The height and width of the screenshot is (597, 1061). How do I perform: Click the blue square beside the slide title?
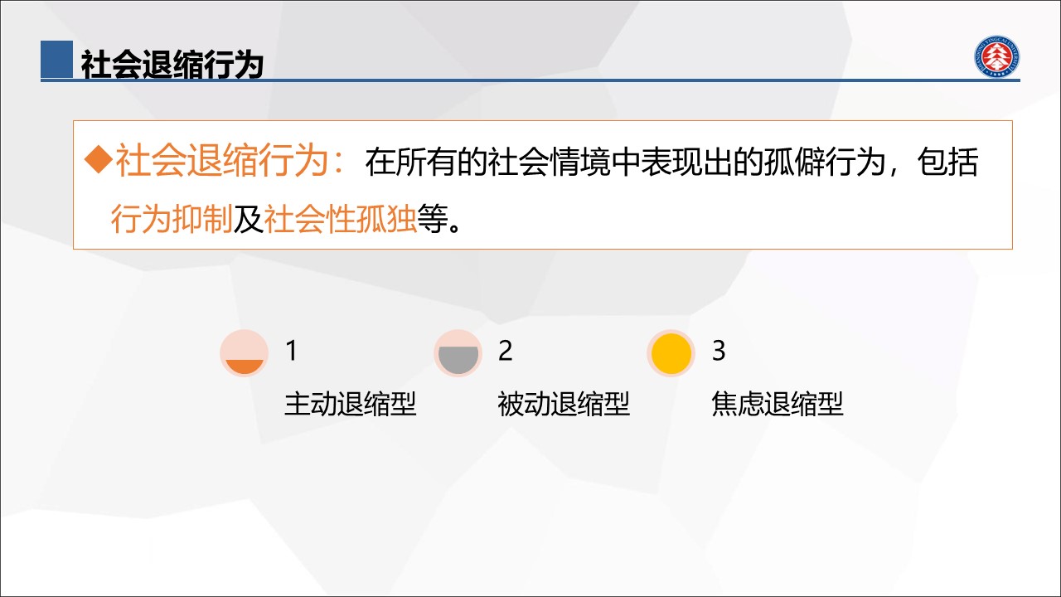coord(57,59)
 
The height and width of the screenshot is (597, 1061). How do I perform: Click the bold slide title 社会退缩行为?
coord(172,65)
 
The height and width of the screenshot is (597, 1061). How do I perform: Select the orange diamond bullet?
coord(99,160)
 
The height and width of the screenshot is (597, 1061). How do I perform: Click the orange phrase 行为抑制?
coord(172,219)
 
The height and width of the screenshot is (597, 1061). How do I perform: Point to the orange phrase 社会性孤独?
coord(340,219)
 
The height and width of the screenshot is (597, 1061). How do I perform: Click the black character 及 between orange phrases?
coord(248,219)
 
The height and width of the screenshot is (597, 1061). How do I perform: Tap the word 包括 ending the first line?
coord(947,162)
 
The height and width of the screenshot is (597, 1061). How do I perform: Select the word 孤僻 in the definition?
coord(794,162)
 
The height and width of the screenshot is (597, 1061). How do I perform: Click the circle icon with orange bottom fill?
coord(245,353)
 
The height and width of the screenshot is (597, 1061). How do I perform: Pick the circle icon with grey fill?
coord(458,353)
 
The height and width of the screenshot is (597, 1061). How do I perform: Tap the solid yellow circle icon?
coord(671,353)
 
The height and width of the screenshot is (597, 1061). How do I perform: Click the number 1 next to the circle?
coord(292,351)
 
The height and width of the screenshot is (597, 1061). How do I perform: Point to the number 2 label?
coord(506,351)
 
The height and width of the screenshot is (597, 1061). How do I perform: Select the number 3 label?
coord(719,351)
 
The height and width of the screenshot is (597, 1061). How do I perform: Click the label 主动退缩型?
coord(351,404)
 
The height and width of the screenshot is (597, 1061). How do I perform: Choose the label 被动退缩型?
coord(564,404)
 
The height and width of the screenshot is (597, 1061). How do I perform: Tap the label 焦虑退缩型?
coord(778,404)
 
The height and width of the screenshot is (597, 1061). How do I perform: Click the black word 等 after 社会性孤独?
coord(433,219)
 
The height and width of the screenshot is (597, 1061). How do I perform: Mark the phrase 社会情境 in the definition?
coord(549,162)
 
